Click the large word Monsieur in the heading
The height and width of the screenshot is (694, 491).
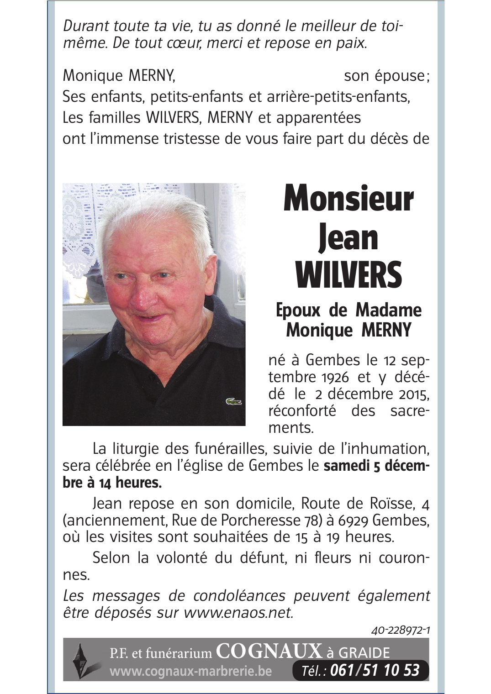click(348, 200)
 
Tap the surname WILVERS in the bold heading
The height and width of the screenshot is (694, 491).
click(348, 275)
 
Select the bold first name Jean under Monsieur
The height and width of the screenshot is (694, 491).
click(348, 238)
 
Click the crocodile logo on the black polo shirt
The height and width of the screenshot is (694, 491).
click(233, 402)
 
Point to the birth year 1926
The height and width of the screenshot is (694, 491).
click(335, 378)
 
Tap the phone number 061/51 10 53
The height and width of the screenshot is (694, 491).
click(375, 670)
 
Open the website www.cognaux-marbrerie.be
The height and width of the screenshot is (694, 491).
click(190, 671)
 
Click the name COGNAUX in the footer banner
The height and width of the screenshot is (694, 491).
click(269, 651)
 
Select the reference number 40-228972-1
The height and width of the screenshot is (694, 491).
click(401, 631)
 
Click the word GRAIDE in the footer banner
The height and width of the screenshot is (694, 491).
click(364, 653)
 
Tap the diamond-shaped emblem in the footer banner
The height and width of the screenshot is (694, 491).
click(81, 660)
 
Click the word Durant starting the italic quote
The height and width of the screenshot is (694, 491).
click(84, 26)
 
